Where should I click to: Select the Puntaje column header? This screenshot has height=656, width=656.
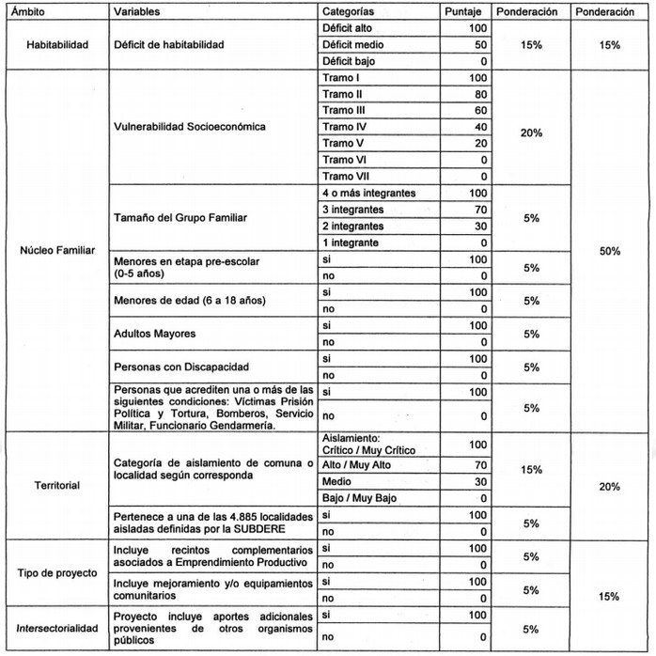tap(464, 12)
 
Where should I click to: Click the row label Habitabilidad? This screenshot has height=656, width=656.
tap(53, 44)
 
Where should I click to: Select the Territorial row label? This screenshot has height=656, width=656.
tap(53, 486)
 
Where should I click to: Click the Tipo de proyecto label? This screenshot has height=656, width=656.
tap(53, 572)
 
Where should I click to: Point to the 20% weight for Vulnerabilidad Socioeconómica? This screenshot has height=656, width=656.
tap(531, 133)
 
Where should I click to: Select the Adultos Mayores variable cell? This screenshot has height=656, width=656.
tap(155, 333)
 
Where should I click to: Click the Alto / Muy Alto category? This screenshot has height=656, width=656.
tap(357, 464)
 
